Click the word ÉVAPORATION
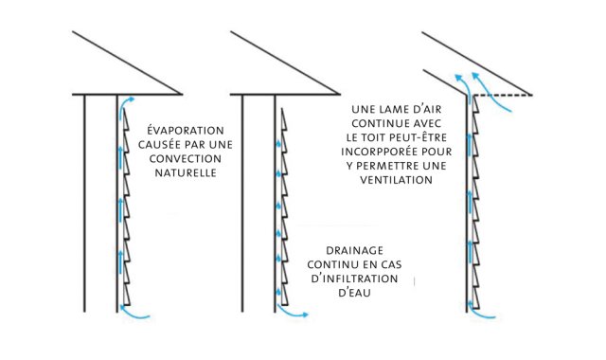click(186, 130)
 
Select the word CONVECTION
click(186, 158)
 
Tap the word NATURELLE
click(186, 172)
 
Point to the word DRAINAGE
click(354, 250)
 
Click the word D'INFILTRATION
click(354, 279)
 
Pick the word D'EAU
click(354, 293)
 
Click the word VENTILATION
click(397, 180)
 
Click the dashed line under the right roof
click(502, 95)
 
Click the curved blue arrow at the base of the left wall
click(134, 314)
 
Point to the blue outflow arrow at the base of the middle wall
click(290, 313)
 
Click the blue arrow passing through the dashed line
click(490, 92)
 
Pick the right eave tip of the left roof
click(181, 94)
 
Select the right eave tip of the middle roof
click(339, 94)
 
